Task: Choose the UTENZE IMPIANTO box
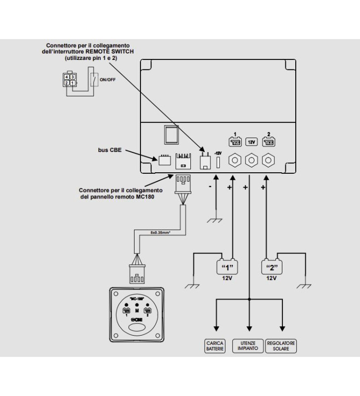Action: [248, 346]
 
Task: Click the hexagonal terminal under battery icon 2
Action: [268, 161]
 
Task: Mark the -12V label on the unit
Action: [218, 153]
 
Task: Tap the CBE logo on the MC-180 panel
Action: [136, 319]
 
